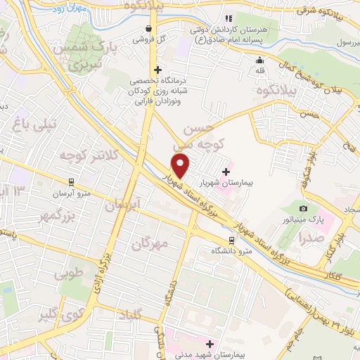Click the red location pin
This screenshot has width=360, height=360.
[x=181, y=166]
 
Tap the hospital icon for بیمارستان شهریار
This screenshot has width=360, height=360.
[x=226, y=171]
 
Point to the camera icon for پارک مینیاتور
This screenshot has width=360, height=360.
[x=303, y=208]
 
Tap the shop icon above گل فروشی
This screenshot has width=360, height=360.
[x=148, y=29]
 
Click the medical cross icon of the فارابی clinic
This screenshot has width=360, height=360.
[x=158, y=70]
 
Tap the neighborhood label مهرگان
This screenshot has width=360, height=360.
[x=150, y=244]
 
